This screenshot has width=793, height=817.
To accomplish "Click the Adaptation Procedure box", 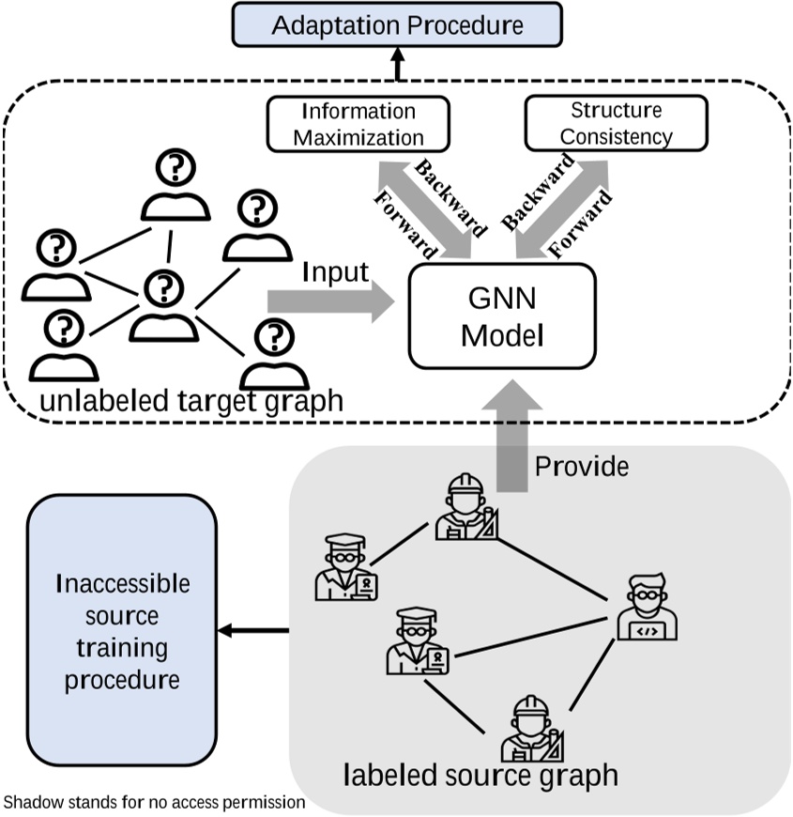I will click(397, 25).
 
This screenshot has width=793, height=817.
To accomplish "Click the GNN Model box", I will click(501, 316).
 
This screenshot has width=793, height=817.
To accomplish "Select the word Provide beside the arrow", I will click(582, 466).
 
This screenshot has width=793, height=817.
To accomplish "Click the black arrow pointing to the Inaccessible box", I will click(253, 631).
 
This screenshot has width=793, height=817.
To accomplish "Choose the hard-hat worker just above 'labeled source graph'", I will click(529, 729).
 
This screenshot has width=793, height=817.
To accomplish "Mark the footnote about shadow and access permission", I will click(155, 803).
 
